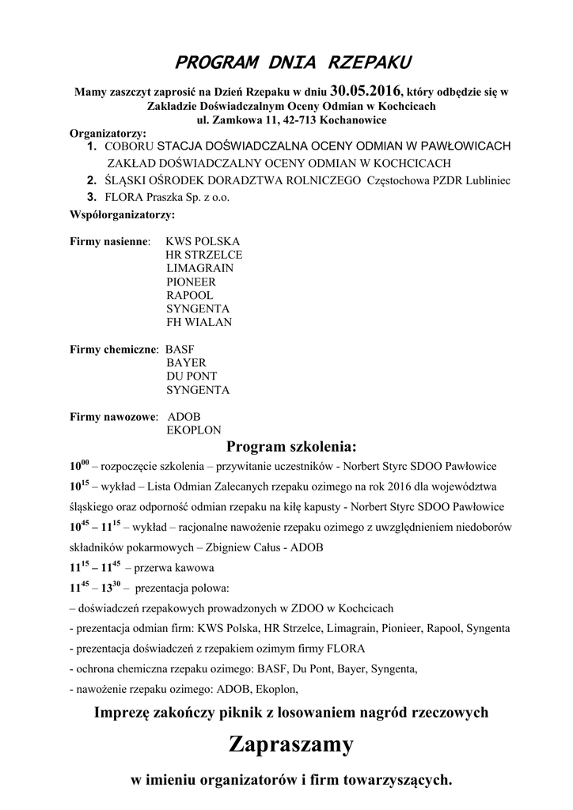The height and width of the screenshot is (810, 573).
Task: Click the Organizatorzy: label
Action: click(x=108, y=134)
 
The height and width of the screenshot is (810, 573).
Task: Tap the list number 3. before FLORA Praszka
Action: click(x=92, y=197)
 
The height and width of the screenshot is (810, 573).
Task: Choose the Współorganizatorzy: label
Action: click(x=122, y=214)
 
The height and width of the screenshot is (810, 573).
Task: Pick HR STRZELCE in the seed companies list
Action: click(x=203, y=255)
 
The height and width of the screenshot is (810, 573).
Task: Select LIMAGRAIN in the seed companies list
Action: click(x=199, y=268)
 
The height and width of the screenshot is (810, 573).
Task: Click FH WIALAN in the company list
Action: click(x=199, y=322)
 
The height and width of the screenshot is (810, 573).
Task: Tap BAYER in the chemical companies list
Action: click(x=186, y=362)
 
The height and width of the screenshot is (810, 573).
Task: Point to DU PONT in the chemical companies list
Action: click(x=192, y=376)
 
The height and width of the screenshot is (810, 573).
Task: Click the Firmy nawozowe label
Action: click(x=113, y=416)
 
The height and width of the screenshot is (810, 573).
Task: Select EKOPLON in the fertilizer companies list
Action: click(x=192, y=430)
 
